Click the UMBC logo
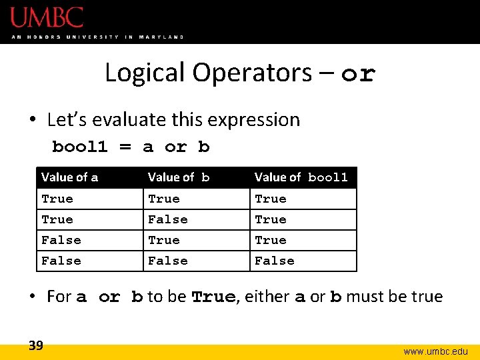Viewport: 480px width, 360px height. point(47,17)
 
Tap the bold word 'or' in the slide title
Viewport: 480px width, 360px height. point(358,73)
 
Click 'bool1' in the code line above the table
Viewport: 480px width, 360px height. point(82,147)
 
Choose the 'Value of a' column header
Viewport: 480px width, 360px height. point(69,177)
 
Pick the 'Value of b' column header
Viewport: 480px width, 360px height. point(179,177)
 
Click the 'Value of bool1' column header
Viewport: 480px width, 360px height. point(301,177)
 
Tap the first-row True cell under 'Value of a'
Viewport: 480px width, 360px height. point(57,199)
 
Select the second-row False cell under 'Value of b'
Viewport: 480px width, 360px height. point(168,219)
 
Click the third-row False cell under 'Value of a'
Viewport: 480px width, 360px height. point(61,240)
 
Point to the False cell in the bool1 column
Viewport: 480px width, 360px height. point(275,261)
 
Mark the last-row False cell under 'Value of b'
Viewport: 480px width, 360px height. point(168,261)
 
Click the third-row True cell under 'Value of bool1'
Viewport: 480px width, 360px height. point(271,240)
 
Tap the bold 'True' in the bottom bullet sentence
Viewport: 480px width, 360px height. point(213,297)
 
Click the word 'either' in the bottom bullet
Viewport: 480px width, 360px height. point(265,297)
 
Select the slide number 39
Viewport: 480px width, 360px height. point(36,345)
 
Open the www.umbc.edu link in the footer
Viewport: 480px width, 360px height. point(436,351)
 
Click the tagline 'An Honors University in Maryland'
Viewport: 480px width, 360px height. point(97,37)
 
